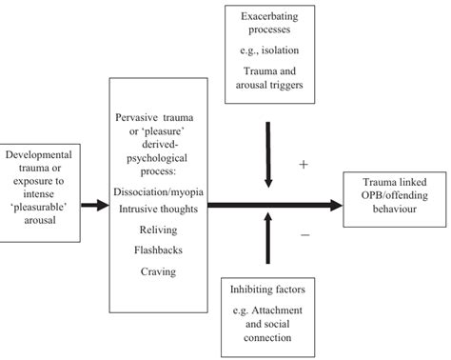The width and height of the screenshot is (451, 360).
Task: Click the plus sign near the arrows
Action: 303,164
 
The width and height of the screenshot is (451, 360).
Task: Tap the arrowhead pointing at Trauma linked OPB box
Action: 336,204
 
